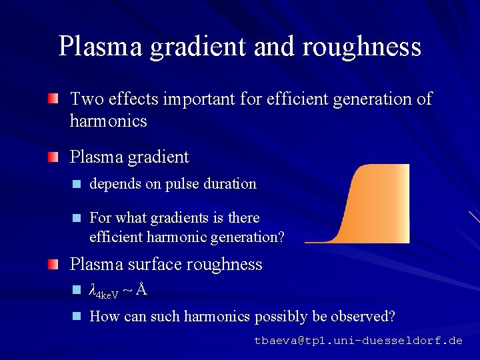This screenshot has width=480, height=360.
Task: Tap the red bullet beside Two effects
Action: pyautogui.click(x=52, y=99)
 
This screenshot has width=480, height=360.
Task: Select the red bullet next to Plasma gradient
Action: pyautogui.click(x=52, y=157)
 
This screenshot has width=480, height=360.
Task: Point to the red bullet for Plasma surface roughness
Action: pyautogui.click(x=52, y=264)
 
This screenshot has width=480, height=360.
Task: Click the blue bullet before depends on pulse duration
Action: pyautogui.click(x=77, y=184)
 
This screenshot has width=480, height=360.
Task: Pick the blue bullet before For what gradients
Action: pyautogui.click(x=77, y=218)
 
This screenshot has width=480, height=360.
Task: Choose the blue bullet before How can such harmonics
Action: pyautogui.click(x=77, y=316)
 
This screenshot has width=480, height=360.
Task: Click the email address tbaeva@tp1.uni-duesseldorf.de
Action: pyautogui.click(x=358, y=340)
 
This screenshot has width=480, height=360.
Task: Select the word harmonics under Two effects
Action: pyautogui.click(x=108, y=121)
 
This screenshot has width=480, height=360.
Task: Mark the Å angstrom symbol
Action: pyautogui.click(x=141, y=290)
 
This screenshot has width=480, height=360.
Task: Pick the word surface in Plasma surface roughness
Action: pyautogui.click(x=155, y=264)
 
